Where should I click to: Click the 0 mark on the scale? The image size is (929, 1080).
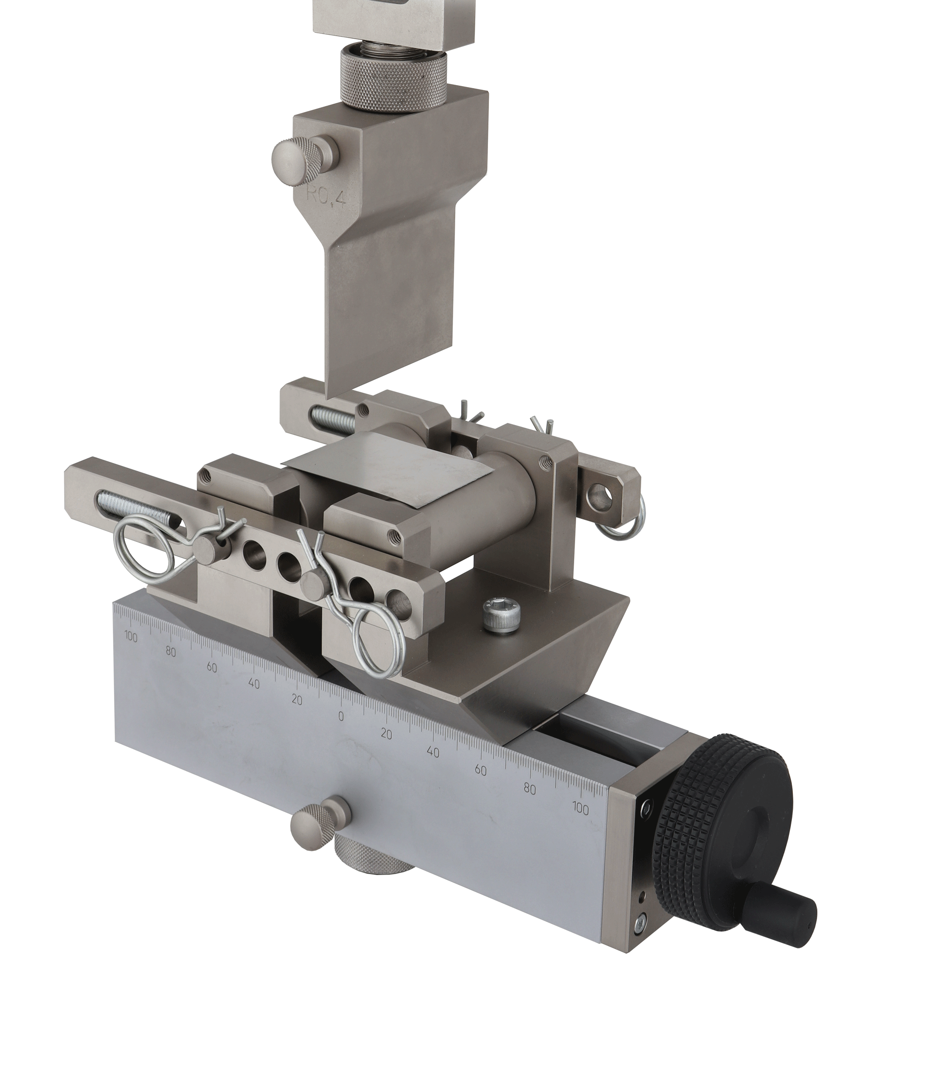coord(341,717)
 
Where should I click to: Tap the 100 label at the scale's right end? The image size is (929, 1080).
coord(581,809)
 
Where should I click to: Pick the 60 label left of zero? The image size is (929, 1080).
coord(212,668)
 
